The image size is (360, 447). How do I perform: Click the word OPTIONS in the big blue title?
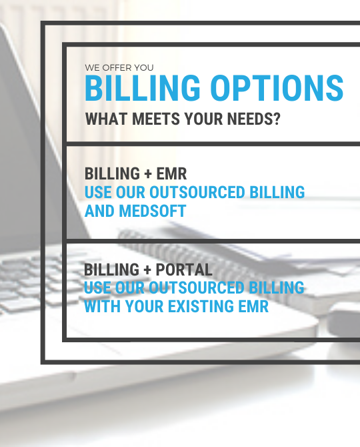coord(277,88)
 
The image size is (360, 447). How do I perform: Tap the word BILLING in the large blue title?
coord(143,88)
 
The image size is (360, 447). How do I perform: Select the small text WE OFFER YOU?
coord(119,68)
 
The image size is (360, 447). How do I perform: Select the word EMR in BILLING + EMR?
coord(171,173)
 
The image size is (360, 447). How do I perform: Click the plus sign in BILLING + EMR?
coord(148,174)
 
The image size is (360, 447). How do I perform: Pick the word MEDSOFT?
coord(153,211)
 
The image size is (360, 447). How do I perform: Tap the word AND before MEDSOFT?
coord(99,211)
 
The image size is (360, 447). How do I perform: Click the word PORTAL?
coord(184,270)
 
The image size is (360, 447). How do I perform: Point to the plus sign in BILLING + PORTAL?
coord(147,270)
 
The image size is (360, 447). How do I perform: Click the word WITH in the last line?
coord(102,306)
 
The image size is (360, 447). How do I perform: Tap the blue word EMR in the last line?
coord(253,306)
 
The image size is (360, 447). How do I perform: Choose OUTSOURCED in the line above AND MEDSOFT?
coord(197,192)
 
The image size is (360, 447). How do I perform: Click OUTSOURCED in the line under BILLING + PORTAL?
coord(197,288)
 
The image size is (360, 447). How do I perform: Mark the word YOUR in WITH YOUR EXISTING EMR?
coord(144,306)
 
